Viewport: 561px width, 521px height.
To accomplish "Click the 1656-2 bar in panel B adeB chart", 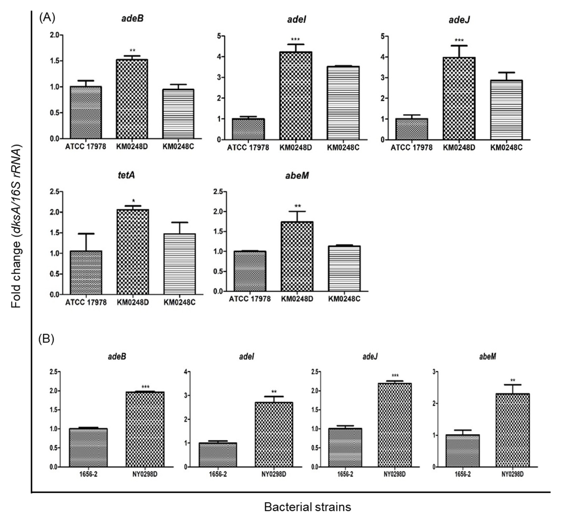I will pos(88,448).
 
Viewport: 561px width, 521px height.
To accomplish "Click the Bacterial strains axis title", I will pos(307,507).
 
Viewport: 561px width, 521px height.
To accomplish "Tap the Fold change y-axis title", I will pos(16,225).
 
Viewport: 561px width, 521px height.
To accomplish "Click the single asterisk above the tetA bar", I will pos(134,201).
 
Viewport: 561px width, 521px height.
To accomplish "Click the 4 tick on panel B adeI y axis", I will pos(185,372).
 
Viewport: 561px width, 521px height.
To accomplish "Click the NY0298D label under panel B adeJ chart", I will pos(394,474).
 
